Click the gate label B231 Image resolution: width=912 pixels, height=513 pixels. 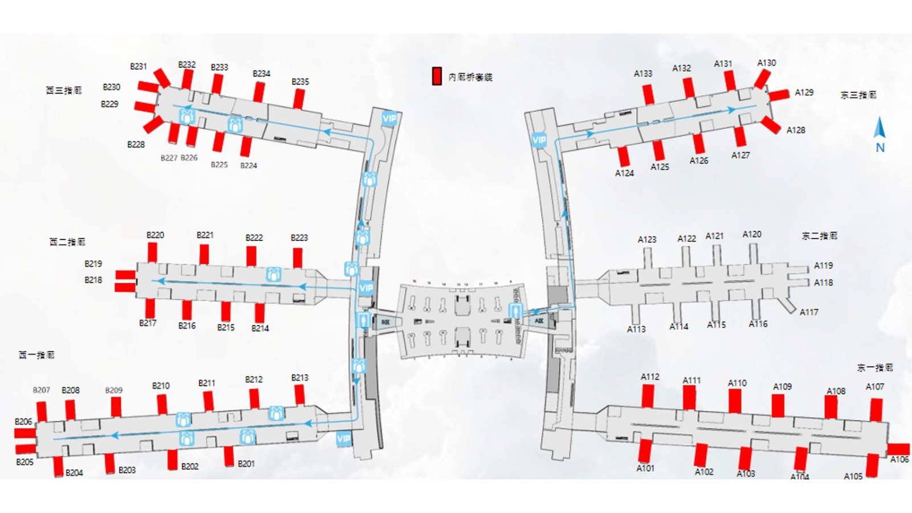[x=139, y=67]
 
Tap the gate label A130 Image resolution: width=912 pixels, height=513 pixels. [x=766, y=63]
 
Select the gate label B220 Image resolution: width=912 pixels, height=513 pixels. [x=155, y=235]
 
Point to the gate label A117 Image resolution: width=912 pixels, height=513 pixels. [x=808, y=312]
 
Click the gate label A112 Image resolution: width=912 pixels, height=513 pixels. [x=650, y=377]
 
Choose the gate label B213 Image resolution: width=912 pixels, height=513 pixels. [x=300, y=378]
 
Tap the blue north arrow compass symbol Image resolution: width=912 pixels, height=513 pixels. [x=880, y=128]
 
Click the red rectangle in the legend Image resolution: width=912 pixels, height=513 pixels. [x=437, y=76]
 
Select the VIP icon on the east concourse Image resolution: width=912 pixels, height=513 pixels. [x=539, y=139]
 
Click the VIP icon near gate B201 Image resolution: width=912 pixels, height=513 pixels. [x=343, y=438]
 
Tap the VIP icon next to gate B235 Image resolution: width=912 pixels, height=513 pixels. [x=389, y=119]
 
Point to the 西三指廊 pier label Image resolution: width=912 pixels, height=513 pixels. [x=64, y=91]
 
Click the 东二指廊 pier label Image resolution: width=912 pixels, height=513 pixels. [x=819, y=236]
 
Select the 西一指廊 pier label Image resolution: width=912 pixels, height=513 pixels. [x=37, y=355]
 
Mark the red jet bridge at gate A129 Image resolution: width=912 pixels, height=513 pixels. [x=779, y=95]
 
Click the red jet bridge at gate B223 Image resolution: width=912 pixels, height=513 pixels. [x=298, y=258]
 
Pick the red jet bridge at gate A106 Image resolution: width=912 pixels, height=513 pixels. [x=899, y=449]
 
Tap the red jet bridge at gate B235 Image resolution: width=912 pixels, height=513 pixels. [x=299, y=99]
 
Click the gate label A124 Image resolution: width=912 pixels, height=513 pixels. [x=624, y=173]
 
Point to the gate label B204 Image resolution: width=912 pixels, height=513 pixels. [x=74, y=473]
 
